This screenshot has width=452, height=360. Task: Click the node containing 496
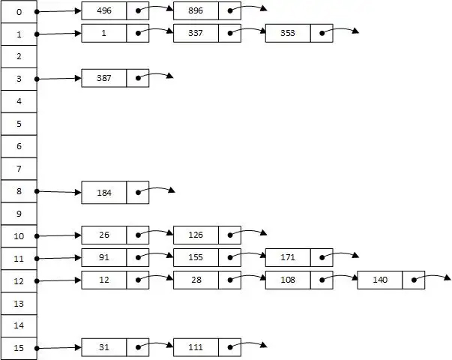pos(104,11)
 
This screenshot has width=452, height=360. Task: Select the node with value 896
pos(196,11)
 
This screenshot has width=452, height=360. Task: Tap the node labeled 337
pos(196,33)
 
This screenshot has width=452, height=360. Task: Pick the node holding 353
pos(288,33)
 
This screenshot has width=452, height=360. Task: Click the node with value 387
pos(104,78)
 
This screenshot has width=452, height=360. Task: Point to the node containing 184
pos(104,192)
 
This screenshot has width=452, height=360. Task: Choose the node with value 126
pos(196,235)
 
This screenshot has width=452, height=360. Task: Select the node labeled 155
pos(196,257)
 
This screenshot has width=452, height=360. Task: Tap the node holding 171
pos(288,257)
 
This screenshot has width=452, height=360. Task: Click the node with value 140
pos(379,280)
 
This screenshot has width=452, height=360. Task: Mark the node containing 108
pos(288,280)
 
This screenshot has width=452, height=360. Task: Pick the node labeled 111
pos(196,347)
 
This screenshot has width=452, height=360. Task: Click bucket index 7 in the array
pos(19,169)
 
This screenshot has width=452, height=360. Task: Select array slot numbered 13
pos(19,304)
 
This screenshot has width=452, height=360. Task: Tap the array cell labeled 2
pos(19,56)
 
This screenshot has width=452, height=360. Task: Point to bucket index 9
pos(19,214)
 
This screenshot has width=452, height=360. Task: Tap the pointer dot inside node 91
pos(138,257)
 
